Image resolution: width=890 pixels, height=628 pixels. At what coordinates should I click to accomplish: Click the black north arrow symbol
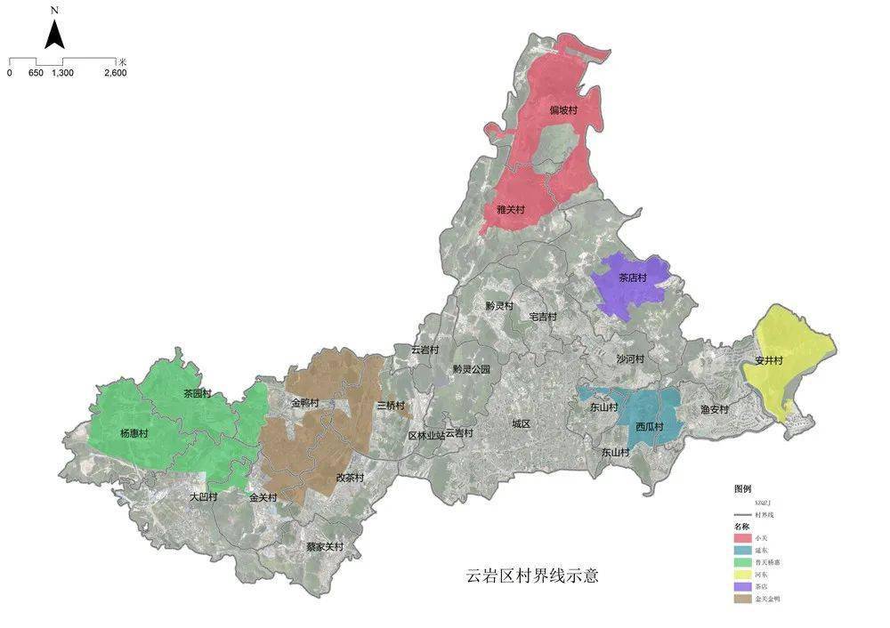click(x=54, y=35)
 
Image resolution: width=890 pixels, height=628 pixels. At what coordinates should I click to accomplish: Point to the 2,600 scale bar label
click(x=115, y=73)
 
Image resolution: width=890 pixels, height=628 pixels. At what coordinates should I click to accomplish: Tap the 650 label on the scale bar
click(x=36, y=73)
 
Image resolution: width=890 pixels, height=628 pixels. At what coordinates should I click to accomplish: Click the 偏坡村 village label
click(x=563, y=110)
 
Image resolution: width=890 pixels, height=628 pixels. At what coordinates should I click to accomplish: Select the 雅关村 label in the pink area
click(x=510, y=211)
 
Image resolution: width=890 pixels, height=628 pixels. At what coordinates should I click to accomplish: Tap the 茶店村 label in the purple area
click(x=635, y=278)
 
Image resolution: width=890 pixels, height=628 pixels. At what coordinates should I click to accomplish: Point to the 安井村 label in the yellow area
click(x=768, y=361)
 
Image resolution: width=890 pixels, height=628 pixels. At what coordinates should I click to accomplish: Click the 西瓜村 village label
click(x=650, y=426)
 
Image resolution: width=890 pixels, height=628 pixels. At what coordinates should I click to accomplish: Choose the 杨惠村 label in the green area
click(x=133, y=433)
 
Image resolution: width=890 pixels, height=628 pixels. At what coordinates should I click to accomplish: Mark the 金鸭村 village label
click(x=305, y=403)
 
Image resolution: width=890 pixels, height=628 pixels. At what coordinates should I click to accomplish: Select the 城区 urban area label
click(x=521, y=424)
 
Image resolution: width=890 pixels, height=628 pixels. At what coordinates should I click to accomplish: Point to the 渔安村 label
click(x=714, y=410)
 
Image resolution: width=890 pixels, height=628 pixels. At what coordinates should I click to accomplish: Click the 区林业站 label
click(x=425, y=435)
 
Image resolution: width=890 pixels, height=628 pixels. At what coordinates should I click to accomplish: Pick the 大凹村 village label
click(x=203, y=497)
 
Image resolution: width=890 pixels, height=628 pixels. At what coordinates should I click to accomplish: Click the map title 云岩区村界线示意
click(x=532, y=576)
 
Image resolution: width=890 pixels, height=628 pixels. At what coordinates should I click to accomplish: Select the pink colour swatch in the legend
click(x=742, y=539)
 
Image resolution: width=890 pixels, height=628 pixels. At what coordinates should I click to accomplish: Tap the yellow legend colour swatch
click(x=742, y=575)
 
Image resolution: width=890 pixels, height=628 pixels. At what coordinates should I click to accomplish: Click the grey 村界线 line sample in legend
click(x=742, y=515)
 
